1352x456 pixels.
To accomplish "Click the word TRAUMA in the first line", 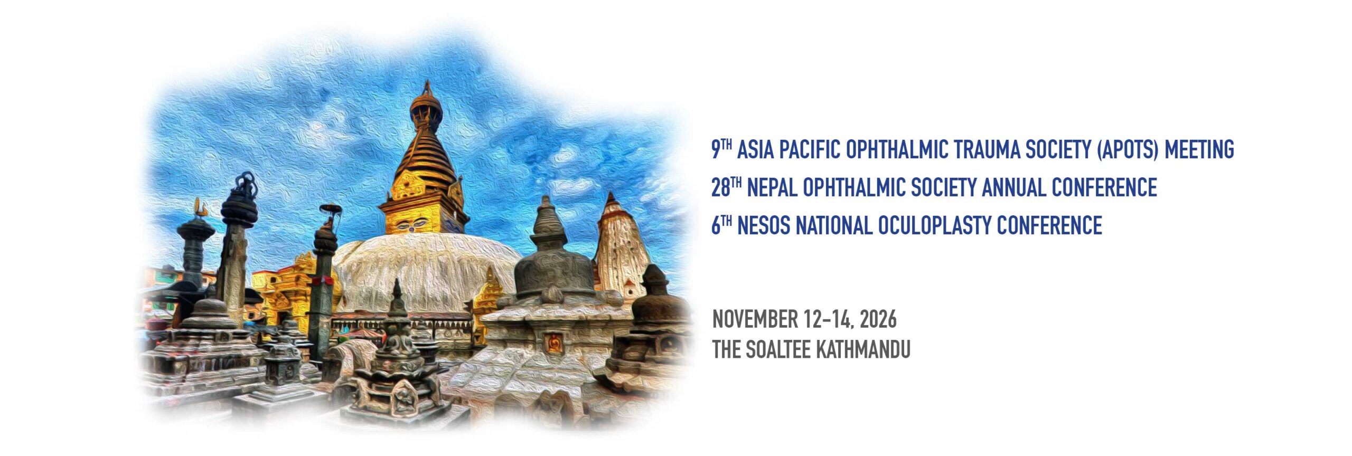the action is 983,150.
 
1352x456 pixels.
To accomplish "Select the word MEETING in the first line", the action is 1199,150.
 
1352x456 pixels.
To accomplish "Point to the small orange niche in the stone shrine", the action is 554,343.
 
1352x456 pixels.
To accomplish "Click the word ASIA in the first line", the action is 756,150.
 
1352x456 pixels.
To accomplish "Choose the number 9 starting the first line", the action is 716,150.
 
